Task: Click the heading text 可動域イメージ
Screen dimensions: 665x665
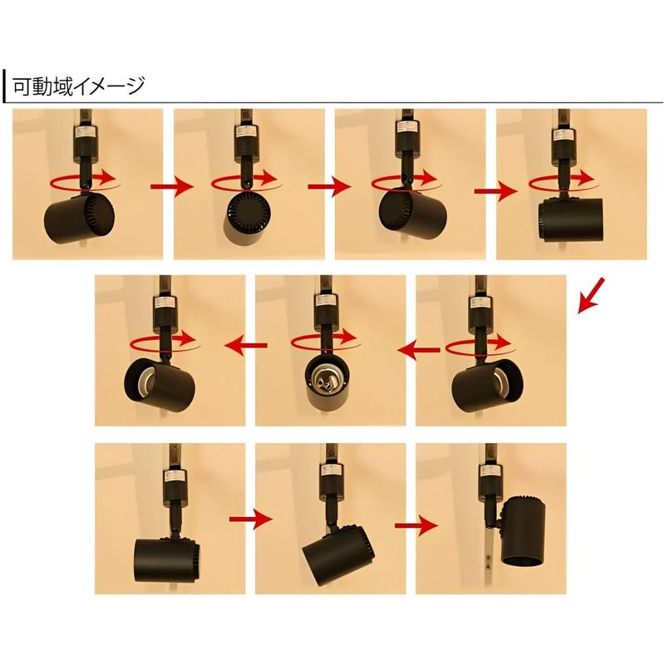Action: click(79, 86)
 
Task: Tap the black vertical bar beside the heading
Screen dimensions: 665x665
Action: click(4, 86)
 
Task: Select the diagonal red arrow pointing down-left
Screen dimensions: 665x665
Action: click(591, 296)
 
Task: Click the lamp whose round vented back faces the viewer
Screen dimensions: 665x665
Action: click(248, 216)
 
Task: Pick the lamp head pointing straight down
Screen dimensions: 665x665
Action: click(523, 532)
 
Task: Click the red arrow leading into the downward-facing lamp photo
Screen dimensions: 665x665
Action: click(416, 525)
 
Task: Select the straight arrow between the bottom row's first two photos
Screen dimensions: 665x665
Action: click(250, 519)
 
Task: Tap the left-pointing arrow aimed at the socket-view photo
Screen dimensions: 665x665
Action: click(418, 350)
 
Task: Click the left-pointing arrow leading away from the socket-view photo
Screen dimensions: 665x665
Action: click(246, 345)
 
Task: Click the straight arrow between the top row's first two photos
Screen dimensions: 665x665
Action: click(172, 186)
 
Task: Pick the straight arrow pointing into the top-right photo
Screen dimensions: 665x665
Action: click(495, 191)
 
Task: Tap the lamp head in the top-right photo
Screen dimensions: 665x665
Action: click(569, 220)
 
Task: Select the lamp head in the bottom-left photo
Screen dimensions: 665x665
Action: click(167, 559)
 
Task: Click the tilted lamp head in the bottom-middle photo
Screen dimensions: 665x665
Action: click(338, 556)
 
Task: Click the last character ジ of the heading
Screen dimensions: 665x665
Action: click(135, 86)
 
